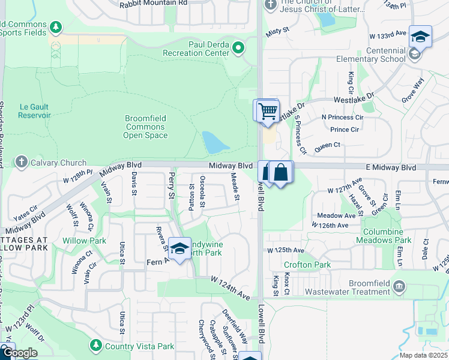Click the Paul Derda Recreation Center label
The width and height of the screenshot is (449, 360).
pos(196,48)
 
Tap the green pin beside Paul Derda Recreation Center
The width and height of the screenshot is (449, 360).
pos(239,47)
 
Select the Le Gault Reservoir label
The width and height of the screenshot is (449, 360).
pos(35,110)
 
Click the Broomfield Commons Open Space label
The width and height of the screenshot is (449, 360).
pos(145,127)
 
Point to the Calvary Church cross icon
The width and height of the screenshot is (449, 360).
pos(22,162)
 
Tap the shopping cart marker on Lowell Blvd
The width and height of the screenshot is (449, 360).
pos(267,110)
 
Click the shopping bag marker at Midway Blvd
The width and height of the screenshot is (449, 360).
pos(280,172)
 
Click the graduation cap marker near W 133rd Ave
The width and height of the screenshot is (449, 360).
pos(420,37)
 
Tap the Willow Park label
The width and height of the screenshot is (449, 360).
pos(84,241)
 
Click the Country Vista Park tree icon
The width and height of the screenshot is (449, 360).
pos(95,346)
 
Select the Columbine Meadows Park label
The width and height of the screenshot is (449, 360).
pos(388,236)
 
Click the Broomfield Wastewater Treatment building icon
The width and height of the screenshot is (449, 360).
pos(400,287)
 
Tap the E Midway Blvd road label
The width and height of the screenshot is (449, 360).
pos(391,168)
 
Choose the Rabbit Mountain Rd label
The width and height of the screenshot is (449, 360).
pos(154,3)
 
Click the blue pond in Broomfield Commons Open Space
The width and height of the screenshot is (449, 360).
pos(215,143)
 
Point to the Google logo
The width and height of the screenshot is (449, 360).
pos(19,353)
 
